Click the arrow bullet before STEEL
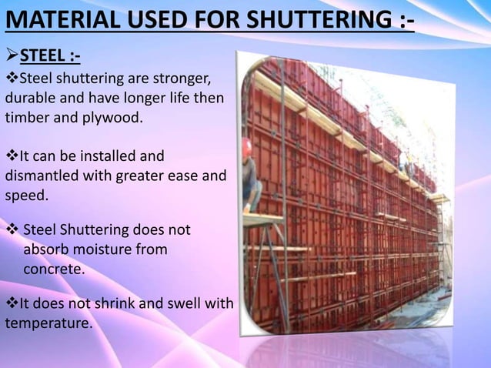[x=12, y=56]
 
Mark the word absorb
[x=47, y=250]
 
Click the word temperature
[x=48, y=324]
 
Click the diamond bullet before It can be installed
[x=11, y=156]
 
